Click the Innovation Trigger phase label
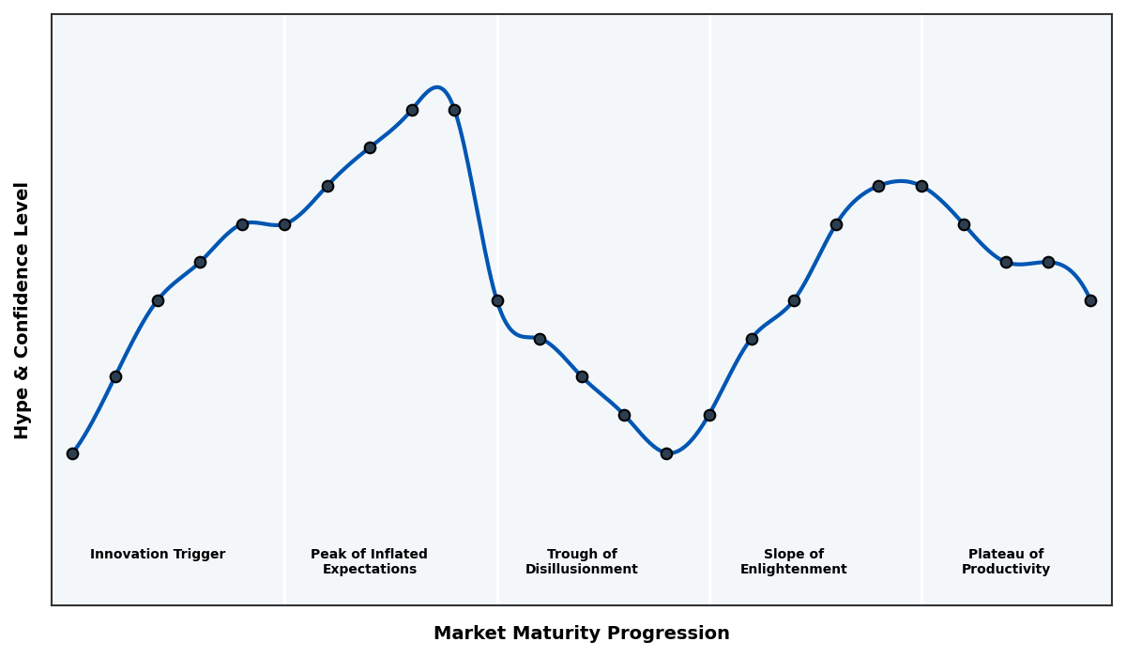(x=158, y=555)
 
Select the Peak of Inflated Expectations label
(x=369, y=562)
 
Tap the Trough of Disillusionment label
(x=582, y=562)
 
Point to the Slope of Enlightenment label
(x=793, y=562)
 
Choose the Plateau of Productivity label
(x=1006, y=562)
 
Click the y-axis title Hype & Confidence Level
(x=23, y=310)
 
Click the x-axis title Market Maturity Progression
(x=582, y=634)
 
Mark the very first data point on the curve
(x=72, y=453)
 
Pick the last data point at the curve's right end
(x=1090, y=300)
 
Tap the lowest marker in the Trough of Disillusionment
(x=666, y=453)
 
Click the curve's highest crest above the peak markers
(x=437, y=87)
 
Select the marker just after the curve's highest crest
(x=454, y=110)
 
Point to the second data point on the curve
(x=115, y=376)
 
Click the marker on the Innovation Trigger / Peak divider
(x=284, y=224)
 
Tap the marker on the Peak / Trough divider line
(x=497, y=300)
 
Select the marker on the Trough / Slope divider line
(x=709, y=415)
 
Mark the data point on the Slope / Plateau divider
(x=921, y=186)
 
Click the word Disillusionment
(x=582, y=570)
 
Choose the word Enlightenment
(x=793, y=570)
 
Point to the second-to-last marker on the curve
(x=1048, y=262)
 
